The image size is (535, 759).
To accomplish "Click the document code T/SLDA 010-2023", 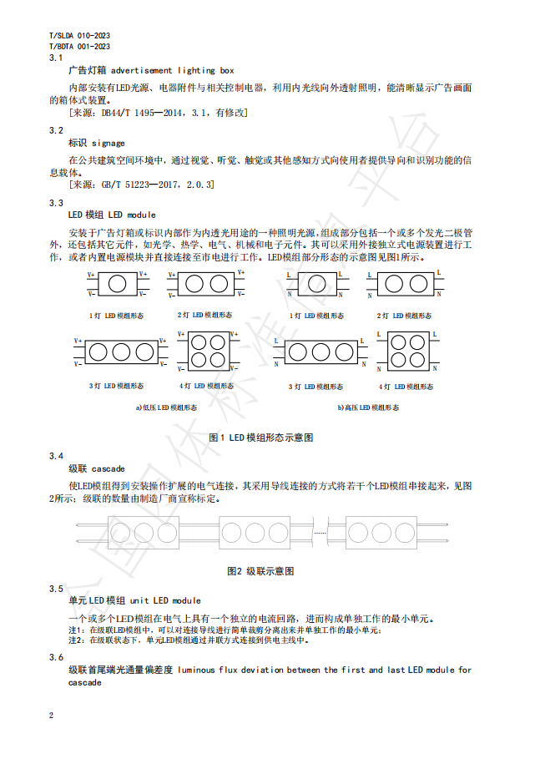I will tap(80, 37).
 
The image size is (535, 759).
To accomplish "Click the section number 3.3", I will tap(57, 203).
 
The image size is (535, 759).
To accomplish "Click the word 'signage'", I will tap(109, 143).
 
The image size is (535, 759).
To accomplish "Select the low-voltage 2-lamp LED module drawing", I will tap(205, 284).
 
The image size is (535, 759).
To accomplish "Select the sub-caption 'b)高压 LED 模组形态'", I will tap(367, 407).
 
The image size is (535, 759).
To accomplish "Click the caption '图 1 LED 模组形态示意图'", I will tap(260, 438).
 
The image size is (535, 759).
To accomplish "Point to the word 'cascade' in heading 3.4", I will tap(109, 468).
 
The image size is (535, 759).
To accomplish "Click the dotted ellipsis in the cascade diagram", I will tap(318, 532).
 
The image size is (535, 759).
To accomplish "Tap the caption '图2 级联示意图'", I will tap(260, 571).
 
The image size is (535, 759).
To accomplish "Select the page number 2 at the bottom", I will tap(52, 716).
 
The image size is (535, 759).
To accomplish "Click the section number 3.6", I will tap(57, 657).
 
